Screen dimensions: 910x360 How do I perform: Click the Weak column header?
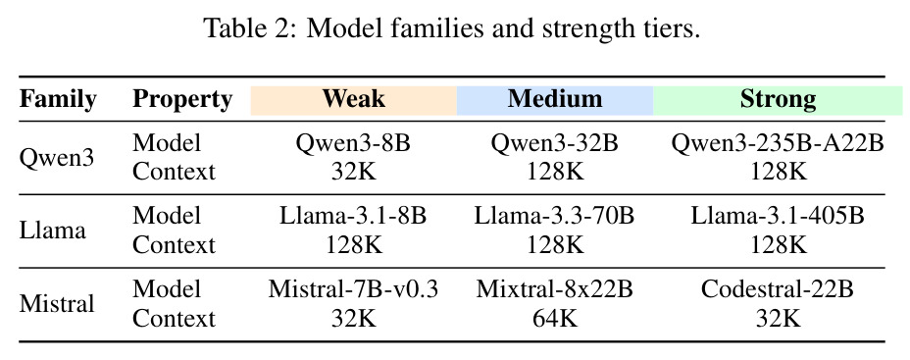click(353, 99)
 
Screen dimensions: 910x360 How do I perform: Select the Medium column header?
click(555, 99)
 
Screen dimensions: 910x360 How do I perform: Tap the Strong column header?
click(778, 100)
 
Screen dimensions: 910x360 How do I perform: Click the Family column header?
click(58, 100)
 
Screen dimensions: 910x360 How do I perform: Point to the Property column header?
click(182, 100)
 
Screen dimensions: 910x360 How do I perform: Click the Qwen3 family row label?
click(56, 158)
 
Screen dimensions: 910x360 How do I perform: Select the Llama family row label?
click(52, 231)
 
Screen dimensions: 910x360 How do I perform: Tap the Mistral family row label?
click(56, 304)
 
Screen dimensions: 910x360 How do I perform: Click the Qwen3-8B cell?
click(353, 143)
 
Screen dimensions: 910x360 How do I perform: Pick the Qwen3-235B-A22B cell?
click(778, 143)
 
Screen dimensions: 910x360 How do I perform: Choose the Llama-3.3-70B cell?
click(555, 217)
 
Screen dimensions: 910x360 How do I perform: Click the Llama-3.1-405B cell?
click(778, 217)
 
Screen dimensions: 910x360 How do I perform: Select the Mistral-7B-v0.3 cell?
click(353, 289)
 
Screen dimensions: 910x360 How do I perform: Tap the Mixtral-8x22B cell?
click(555, 289)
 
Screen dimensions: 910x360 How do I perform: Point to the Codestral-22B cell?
click(778, 289)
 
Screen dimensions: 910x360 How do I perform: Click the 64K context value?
click(555, 318)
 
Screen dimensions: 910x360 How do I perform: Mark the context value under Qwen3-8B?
click(353, 172)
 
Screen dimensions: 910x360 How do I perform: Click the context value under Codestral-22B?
click(778, 318)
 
